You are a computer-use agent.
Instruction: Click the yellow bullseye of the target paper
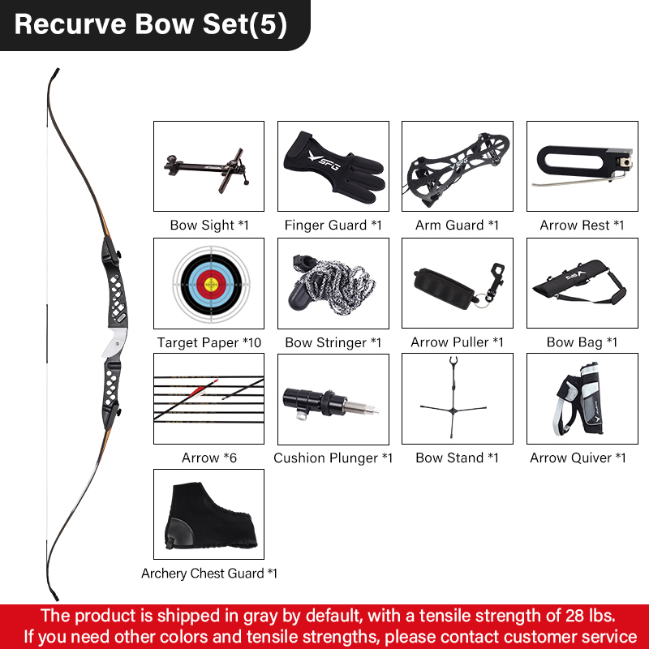pos(212,285)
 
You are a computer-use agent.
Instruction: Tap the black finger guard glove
pos(334,167)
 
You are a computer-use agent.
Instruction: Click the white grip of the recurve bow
pos(115,342)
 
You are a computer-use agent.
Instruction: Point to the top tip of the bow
pos(57,70)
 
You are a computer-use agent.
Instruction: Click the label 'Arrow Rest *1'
pos(582,226)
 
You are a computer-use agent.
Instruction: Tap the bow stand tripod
pos(453,398)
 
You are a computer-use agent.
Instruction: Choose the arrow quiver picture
pos(579,399)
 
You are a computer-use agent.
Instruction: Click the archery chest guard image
pos(209,516)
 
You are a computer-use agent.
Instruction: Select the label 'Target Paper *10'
pos(209,342)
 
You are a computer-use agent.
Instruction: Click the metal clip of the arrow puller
pos(495,281)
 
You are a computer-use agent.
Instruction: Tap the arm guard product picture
pos(457,170)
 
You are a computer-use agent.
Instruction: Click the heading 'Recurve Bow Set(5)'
pos(151,24)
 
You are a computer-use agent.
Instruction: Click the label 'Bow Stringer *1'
pos(333,342)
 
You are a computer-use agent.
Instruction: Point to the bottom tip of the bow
pos(56,598)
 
